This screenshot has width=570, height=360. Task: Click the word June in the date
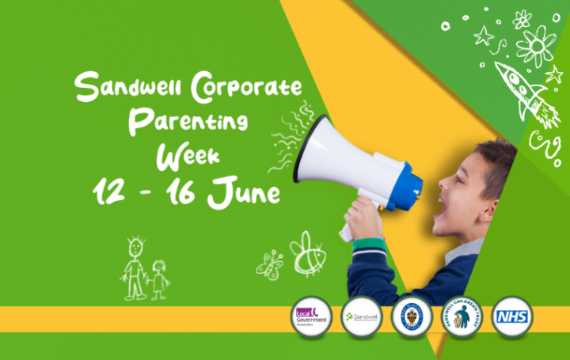click(246, 191)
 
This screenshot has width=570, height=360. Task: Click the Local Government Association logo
click(311, 317)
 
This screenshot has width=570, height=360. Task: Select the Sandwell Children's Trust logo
click(462, 317)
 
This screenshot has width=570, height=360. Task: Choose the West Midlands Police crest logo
click(412, 317)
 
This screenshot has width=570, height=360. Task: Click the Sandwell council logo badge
click(362, 317)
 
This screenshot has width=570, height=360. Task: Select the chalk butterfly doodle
click(270, 265)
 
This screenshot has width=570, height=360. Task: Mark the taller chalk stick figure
click(135, 265)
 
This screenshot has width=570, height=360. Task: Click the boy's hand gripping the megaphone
click(363, 218)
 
